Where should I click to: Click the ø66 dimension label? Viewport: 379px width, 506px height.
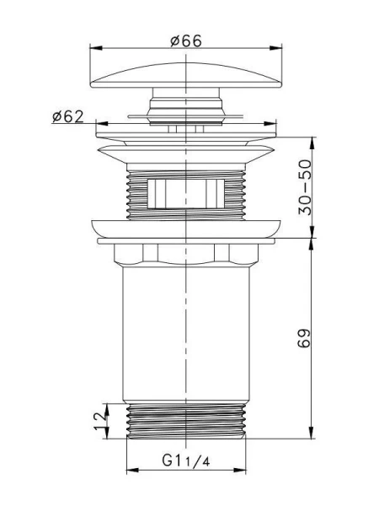tap(186, 41)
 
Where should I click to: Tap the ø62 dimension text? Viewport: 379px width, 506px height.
tap(67, 116)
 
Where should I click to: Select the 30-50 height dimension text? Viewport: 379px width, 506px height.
tap(305, 187)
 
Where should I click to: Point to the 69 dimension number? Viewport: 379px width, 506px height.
tap(304, 337)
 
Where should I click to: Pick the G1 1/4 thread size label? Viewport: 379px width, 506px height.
tap(186, 460)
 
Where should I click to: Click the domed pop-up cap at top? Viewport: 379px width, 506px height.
tap(186, 76)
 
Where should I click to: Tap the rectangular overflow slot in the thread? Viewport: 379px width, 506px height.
tap(185, 193)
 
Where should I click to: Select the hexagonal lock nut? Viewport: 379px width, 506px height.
tap(186, 255)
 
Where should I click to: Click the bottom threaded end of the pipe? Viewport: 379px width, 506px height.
tap(186, 421)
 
